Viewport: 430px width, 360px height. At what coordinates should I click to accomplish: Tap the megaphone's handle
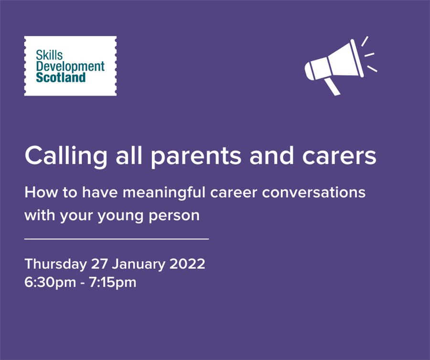point(333,86)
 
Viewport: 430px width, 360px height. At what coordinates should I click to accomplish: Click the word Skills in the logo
point(49,55)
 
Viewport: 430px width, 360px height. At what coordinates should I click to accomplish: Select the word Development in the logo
point(70,66)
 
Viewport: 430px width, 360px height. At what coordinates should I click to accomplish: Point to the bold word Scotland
point(61,77)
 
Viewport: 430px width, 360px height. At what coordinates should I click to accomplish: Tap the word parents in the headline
point(196,157)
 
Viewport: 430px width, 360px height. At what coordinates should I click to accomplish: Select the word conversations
point(314,192)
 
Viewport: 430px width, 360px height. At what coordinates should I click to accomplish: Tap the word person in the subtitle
point(174,216)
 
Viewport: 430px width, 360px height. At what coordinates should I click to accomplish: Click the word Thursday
point(56,265)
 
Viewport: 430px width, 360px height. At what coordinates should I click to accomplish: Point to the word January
point(139,265)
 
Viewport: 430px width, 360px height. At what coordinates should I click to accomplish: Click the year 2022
point(188,264)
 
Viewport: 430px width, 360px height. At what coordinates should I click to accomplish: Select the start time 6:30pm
point(50,283)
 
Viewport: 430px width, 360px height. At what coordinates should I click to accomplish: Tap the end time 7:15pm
point(113,283)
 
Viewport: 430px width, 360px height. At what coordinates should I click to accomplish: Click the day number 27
point(99,264)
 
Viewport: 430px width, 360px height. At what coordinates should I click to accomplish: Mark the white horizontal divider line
point(117,239)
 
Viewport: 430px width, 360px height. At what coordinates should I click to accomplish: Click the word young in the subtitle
point(120,216)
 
